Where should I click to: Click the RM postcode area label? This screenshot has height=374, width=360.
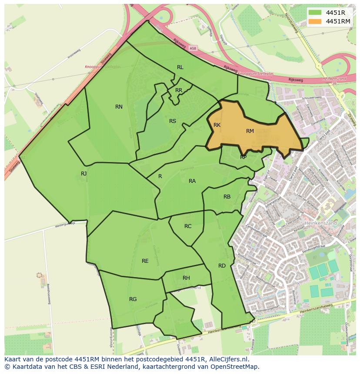(x=250, y=131)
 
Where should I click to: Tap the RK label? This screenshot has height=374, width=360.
(x=217, y=125)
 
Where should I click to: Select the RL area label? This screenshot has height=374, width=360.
(x=180, y=67)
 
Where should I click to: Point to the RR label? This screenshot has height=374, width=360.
(x=179, y=90)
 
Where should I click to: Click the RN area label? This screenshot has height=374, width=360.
(x=119, y=107)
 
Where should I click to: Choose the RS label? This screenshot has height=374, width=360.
(x=173, y=121)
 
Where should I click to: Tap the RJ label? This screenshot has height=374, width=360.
(x=83, y=174)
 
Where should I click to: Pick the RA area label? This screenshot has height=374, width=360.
(x=192, y=181)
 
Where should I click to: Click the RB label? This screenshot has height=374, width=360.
(x=227, y=197)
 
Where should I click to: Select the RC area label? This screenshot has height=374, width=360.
(x=188, y=226)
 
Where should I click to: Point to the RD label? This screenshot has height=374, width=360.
(x=222, y=266)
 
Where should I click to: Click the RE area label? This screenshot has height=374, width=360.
(x=145, y=261)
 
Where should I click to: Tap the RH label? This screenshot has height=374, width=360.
(x=186, y=278)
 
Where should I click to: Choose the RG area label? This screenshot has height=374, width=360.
(x=133, y=299)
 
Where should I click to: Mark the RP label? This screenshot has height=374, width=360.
(x=243, y=157)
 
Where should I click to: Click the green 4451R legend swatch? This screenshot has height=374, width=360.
(x=315, y=13)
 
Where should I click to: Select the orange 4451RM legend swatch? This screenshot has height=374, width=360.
(x=315, y=21)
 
